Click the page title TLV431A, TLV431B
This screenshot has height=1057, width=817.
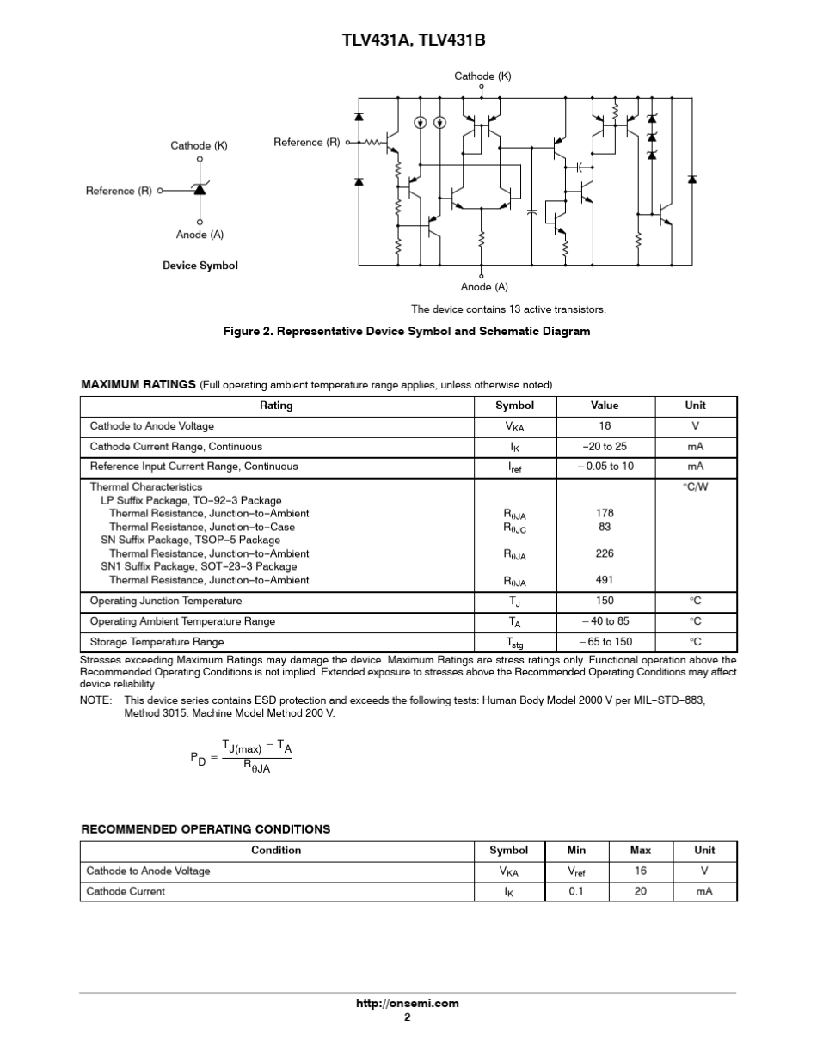(408, 40)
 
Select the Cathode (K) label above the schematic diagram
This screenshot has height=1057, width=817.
(482, 76)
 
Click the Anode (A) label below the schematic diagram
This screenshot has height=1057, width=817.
(484, 287)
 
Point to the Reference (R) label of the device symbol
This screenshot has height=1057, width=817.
(119, 191)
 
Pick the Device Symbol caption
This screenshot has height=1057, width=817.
(200, 266)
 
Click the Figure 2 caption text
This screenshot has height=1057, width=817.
(407, 331)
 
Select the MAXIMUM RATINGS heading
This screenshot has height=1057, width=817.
(138, 384)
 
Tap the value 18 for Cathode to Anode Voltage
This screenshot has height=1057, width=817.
(605, 426)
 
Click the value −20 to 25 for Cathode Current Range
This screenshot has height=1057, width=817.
(605, 447)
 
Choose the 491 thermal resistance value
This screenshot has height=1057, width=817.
(605, 580)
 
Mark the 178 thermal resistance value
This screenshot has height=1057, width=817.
(605, 513)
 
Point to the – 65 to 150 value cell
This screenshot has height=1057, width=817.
(605, 642)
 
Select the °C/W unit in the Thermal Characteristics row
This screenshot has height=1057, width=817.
(695, 486)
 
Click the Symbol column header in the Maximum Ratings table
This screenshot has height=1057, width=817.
(514, 406)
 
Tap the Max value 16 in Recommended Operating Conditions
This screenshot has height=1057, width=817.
(640, 871)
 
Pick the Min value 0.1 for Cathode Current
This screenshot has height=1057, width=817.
(576, 891)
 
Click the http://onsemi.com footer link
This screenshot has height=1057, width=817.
(408, 1003)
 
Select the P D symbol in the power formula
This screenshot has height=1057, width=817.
(198, 759)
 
